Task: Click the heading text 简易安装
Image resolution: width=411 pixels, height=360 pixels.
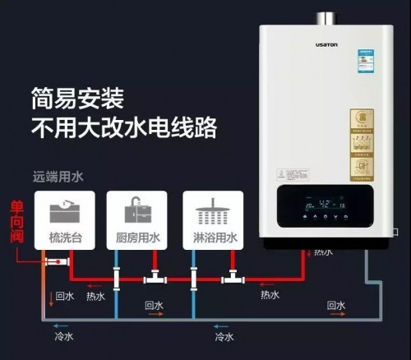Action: (x=78, y=100)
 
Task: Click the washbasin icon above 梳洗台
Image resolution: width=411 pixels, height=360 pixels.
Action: (x=65, y=211)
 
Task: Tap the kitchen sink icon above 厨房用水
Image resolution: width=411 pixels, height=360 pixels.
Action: (x=136, y=211)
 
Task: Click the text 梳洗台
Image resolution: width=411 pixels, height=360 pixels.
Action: (x=65, y=238)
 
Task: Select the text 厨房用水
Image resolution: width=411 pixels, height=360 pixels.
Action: (x=136, y=238)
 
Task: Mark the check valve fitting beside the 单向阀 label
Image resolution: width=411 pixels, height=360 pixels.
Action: (x=56, y=261)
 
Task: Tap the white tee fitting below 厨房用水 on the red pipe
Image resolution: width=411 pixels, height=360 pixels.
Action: (x=155, y=279)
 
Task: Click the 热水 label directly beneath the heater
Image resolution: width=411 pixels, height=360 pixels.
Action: (x=323, y=252)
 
